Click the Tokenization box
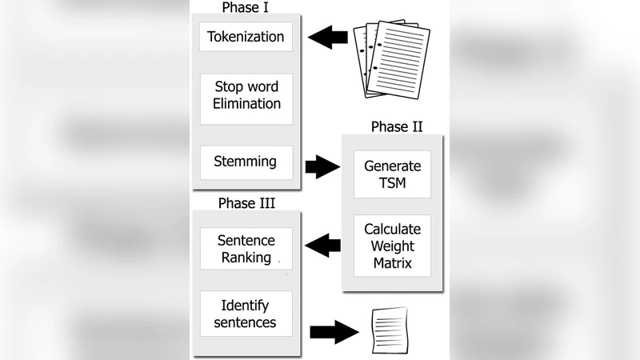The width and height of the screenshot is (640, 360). click(246, 37)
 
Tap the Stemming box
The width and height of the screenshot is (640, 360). click(246, 162)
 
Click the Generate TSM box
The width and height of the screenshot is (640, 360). click(392, 174)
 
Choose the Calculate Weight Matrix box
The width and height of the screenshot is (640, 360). click(392, 245)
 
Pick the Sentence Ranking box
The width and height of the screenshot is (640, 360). click(246, 249)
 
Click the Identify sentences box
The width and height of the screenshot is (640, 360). click(246, 314)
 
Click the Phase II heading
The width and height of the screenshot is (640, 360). click(397, 126)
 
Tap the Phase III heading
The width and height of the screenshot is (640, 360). click(246, 203)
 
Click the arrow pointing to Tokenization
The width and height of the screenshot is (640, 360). click(328, 37)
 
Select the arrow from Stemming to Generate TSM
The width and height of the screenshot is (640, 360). click(322, 167)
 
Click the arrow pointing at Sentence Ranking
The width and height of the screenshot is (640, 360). click(323, 246)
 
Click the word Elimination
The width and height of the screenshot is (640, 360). click(246, 104)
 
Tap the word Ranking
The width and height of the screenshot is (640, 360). click(246, 257)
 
